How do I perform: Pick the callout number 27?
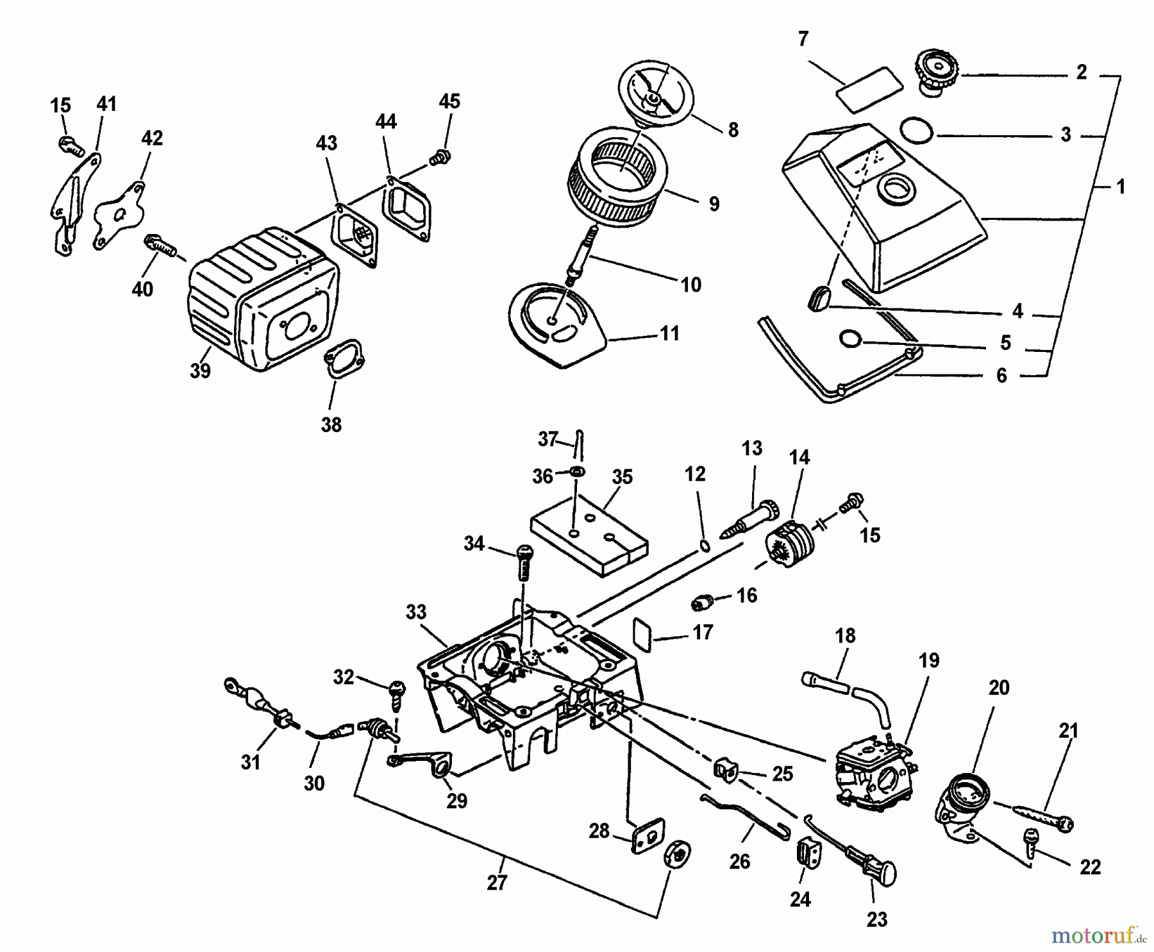coord(497,883)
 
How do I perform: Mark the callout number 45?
coord(449,101)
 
